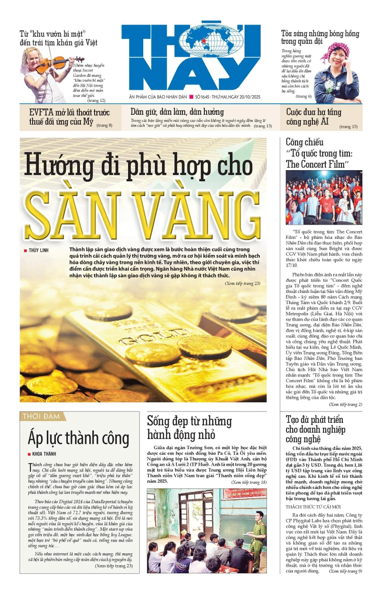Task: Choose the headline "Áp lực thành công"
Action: tap(78, 438)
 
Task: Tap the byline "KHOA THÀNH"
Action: tap(43, 454)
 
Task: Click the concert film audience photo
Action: tap(324, 197)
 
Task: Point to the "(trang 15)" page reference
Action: tap(348, 127)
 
